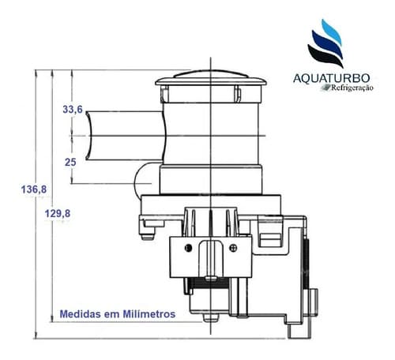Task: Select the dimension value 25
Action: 70,162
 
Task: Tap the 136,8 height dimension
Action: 34,189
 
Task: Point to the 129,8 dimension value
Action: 58,213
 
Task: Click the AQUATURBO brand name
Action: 332,78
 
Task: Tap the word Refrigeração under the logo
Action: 352,88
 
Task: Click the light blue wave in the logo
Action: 332,31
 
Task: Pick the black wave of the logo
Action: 325,55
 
